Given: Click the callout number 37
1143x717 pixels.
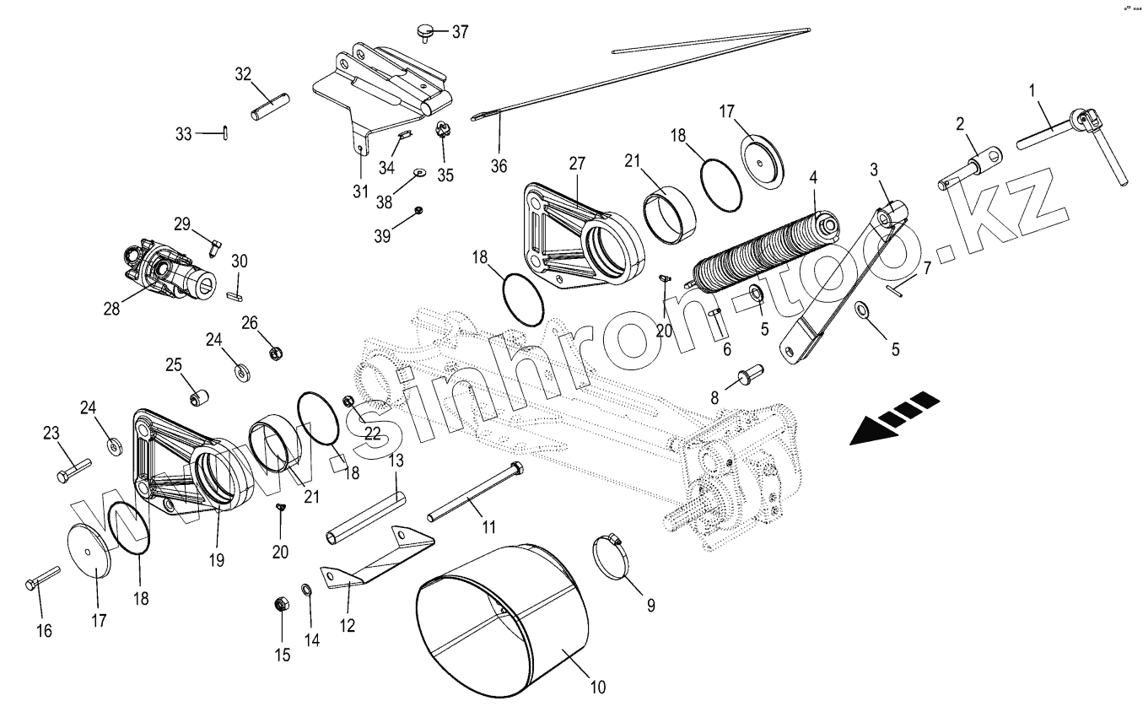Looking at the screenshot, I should click(460, 32).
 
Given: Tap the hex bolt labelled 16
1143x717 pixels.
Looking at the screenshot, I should click(41, 577).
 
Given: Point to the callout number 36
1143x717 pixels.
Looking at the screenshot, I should click(499, 165).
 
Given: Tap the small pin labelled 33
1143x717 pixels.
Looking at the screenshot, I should click(227, 132).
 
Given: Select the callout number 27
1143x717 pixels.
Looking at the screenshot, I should click(576, 164).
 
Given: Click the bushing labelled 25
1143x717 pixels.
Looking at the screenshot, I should click(198, 396).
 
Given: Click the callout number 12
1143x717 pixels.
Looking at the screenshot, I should click(348, 625).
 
